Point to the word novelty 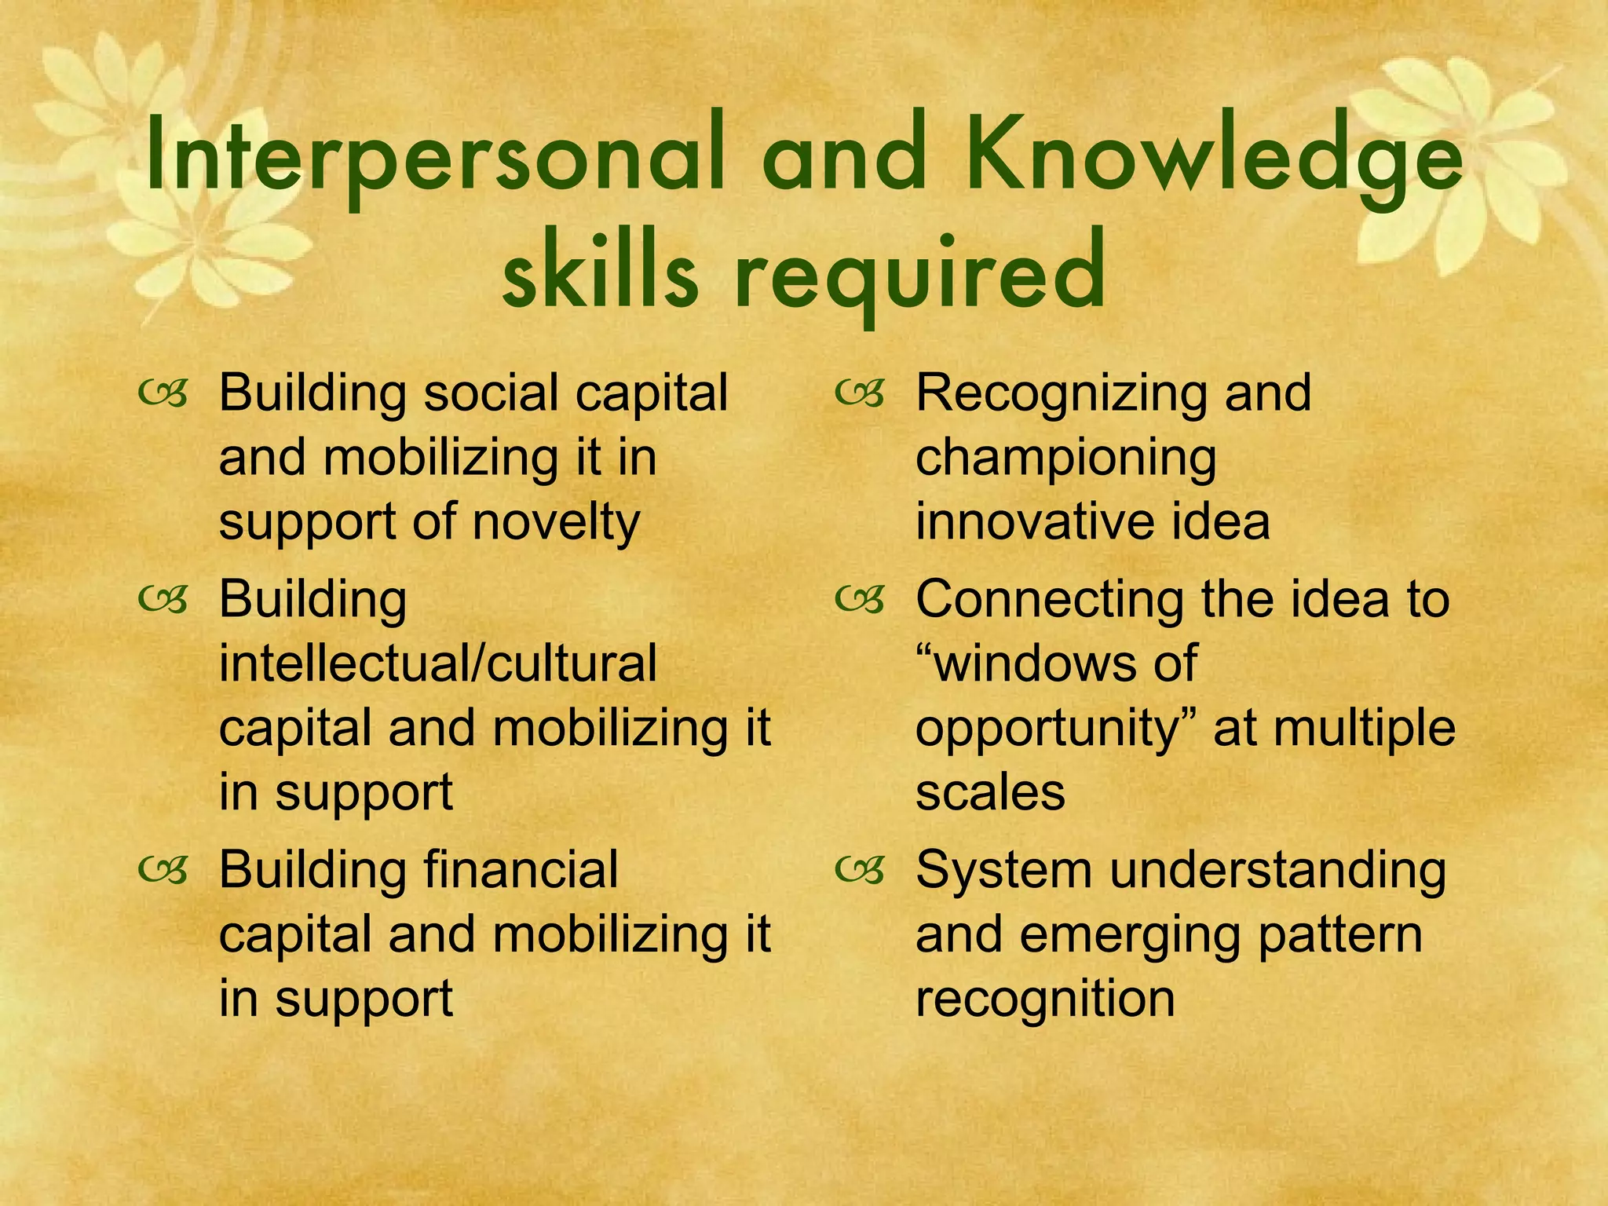coord(556,522)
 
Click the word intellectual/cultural coord(437,663)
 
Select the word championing coord(1065,458)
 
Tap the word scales coord(990,792)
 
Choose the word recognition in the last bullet coord(1045,999)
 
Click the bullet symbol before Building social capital coord(163,394)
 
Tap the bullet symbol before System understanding coord(860,871)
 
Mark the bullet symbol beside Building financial coord(163,871)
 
